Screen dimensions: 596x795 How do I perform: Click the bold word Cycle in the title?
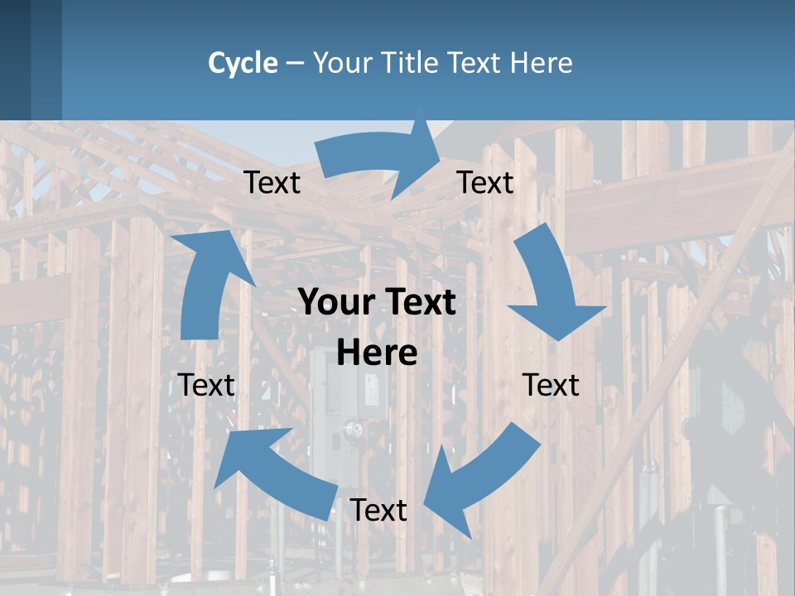pos(243,63)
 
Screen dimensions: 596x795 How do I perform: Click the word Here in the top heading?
pos(540,63)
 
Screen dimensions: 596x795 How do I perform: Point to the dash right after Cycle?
pos(295,64)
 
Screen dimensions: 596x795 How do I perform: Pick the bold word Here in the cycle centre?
pos(377,353)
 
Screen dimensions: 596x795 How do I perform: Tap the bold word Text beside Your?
pos(417,303)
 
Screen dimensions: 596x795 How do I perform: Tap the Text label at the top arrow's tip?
pos(485,183)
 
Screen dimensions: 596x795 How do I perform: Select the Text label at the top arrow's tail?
pos(272,183)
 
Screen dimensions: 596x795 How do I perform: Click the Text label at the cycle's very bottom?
pos(378,511)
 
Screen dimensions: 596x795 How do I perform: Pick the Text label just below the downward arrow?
pos(551,385)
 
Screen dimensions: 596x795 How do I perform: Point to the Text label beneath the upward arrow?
pos(207,385)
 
